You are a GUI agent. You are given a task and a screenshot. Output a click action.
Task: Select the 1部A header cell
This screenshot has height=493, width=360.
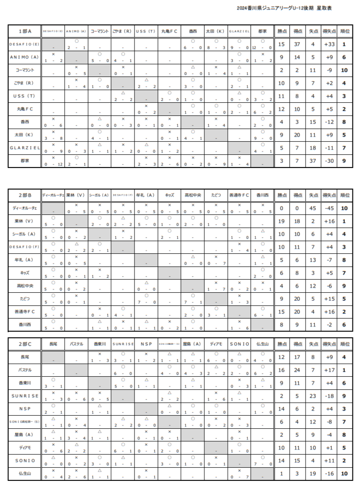(25, 31)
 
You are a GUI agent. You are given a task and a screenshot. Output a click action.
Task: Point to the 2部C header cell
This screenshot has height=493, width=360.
(25, 344)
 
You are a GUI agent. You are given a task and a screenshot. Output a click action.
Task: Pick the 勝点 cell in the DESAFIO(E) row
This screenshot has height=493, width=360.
(281, 45)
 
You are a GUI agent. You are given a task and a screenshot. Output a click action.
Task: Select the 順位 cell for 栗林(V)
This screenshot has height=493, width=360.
(344, 221)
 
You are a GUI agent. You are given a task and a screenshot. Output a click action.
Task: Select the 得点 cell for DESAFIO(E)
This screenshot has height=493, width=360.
(297, 45)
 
